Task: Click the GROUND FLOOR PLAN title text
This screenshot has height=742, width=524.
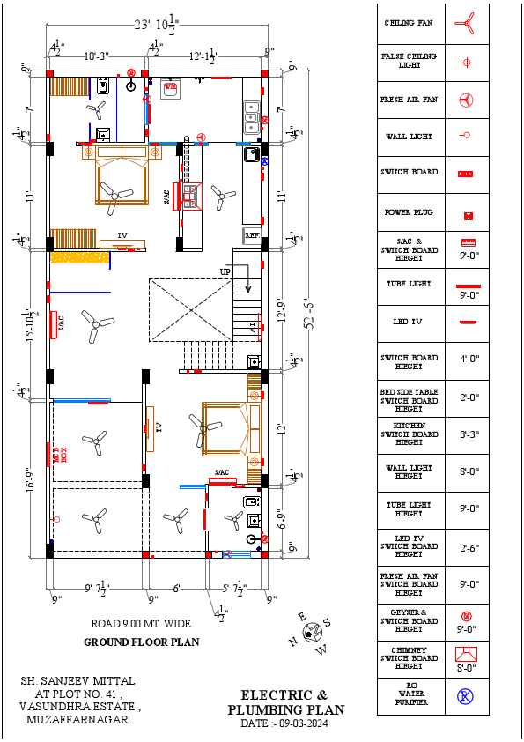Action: coord(141,642)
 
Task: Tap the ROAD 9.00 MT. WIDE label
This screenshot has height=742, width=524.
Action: coord(141,624)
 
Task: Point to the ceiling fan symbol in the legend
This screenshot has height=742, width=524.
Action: coord(466,24)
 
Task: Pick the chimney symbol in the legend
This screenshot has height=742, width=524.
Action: coord(466,654)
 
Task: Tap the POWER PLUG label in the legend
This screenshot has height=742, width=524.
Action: coord(409,213)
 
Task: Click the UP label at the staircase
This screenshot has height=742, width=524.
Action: coord(225,272)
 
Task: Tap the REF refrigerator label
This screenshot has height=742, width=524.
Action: coord(252,236)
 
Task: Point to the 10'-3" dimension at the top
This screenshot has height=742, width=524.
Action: coord(96,56)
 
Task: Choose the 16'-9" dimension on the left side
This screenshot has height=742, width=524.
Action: coord(32,485)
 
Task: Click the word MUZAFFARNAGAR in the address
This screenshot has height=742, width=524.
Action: coord(78,720)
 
